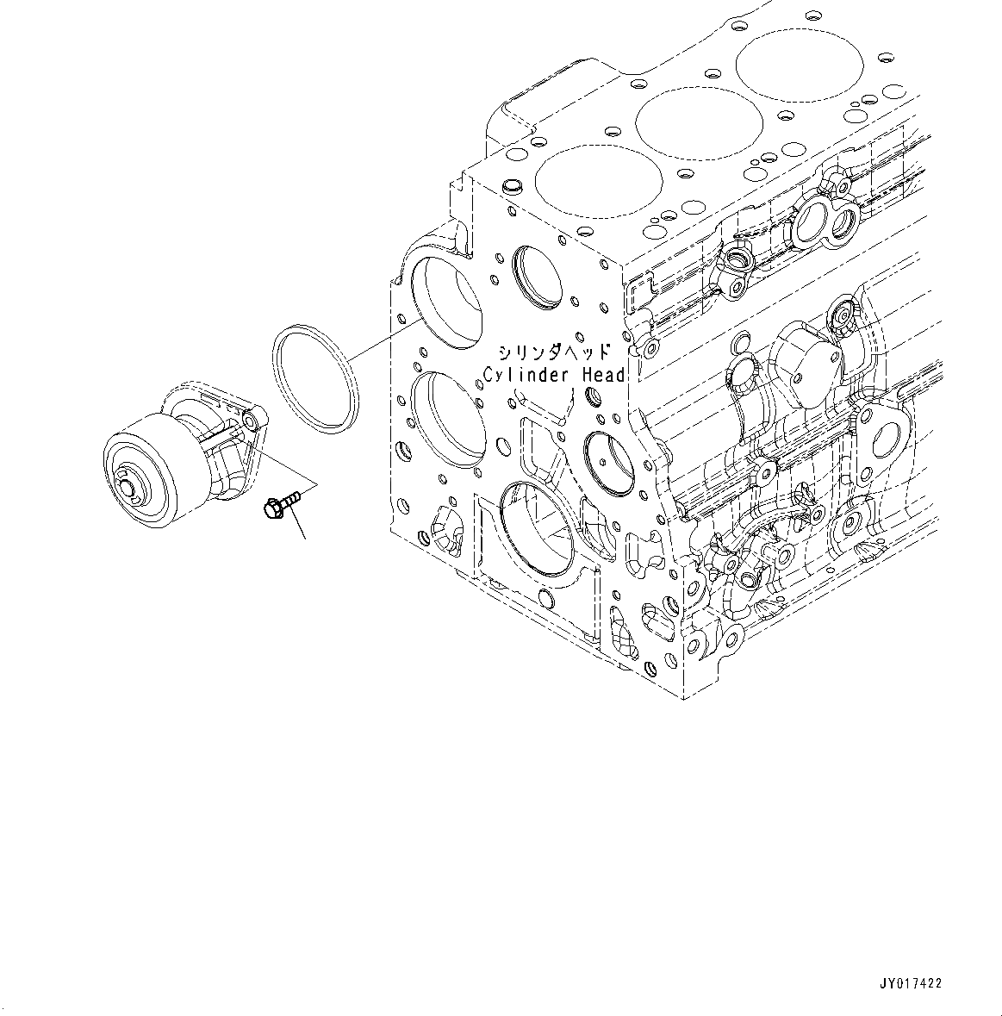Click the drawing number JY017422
tap(910, 983)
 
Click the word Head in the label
tap(603, 375)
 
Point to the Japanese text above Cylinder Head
tap(554, 352)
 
